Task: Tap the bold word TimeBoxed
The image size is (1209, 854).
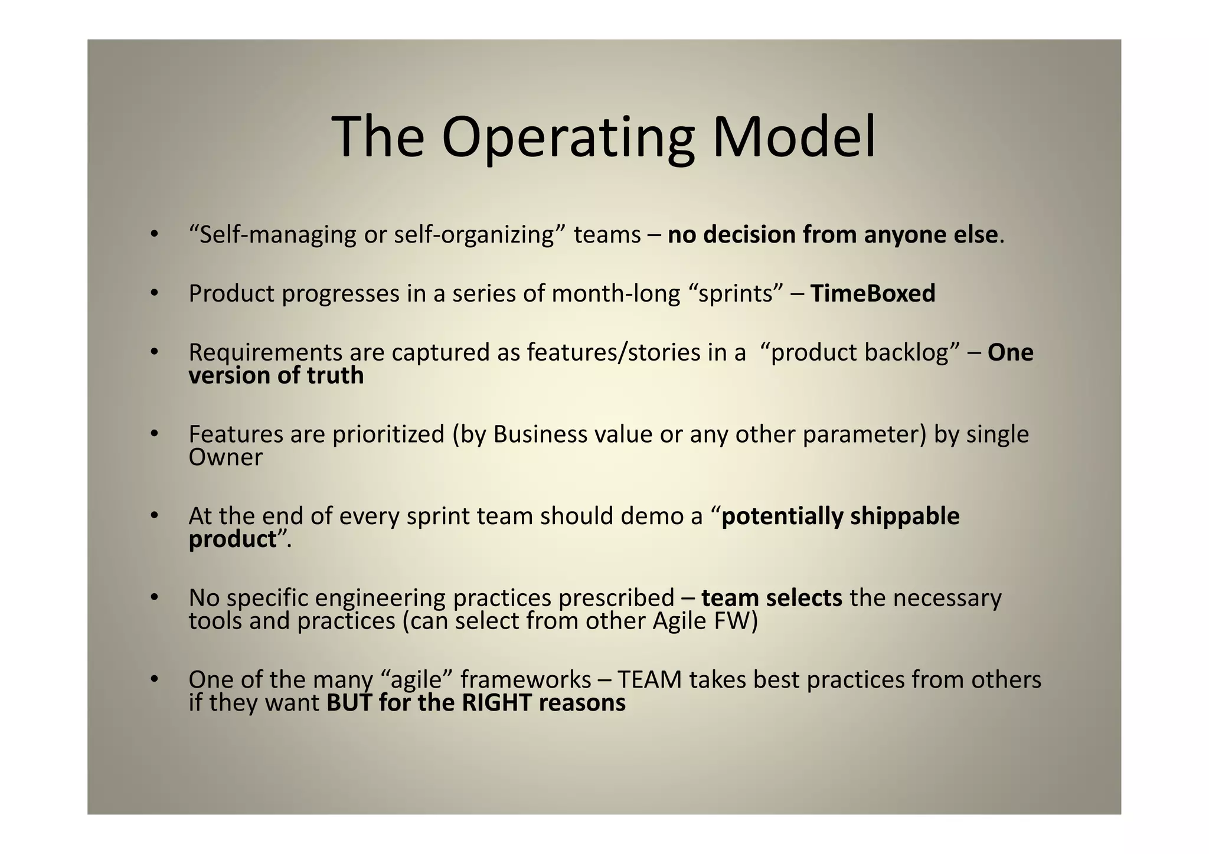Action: pyautogui.click(x=873, y=293)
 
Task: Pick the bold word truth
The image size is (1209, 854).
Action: pyautogui.click(x=335, y=375)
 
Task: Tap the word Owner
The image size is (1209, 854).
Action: pyautogui.click(x=226, y=457)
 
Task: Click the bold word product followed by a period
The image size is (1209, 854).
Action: pyautogui.click(x=233, y=539)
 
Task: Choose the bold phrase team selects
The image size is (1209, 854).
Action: pyautogui.click(x=772, y=598)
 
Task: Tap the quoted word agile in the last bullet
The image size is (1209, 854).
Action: pyautogui.click(x=417, y=680)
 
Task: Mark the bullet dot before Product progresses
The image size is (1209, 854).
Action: pyautogui.click(x=154, y=293)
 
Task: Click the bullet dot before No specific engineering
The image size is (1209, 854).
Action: pyautogui.click(x=154, y=597)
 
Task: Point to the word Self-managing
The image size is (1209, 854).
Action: pyautogui.click(x=277, y=235)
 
